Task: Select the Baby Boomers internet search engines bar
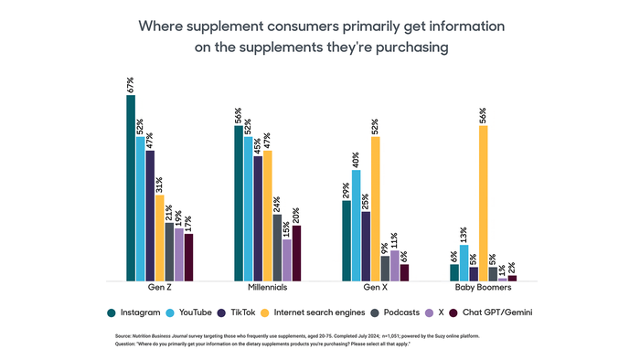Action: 484,203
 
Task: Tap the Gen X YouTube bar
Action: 356,225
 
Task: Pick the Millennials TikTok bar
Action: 258,218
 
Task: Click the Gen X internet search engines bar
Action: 376,208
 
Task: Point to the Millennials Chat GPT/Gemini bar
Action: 297,253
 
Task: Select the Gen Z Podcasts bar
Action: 169,251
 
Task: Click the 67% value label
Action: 131,86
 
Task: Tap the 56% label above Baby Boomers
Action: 484,115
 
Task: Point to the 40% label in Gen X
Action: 356,159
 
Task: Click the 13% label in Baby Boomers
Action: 464,235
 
